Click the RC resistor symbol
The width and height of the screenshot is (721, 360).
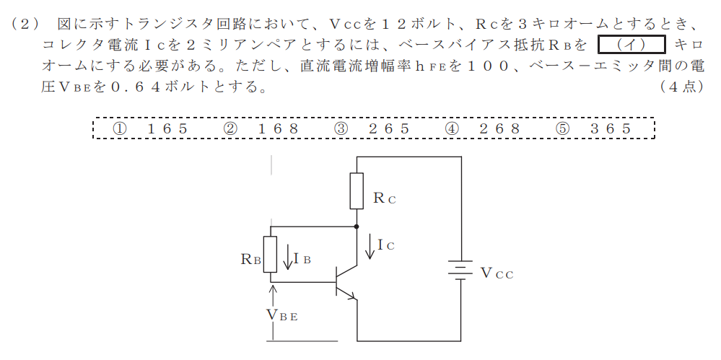click(x=357, y=190)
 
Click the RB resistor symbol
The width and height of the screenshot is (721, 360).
click(x=270, y=254)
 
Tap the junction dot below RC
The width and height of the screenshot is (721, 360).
click(x=357, y=227)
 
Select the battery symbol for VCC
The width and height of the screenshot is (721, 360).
click(x=460, y=270)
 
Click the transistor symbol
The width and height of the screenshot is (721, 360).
click(x=346, y=282)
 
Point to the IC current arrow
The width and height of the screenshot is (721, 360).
click(x=370, y=247)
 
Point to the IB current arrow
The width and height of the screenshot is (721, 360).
click(x=288, y=258)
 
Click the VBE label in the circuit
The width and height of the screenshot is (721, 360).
click(x=282, y=315)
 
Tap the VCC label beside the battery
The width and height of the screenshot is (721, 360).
click(x=497, y=273)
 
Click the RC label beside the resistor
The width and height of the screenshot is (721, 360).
click(x=385, y=198)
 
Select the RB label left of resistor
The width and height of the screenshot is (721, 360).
click(x=251, y=259)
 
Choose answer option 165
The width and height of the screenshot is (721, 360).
click(x=150, y=128)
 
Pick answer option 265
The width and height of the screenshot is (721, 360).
click(x=372, y=128)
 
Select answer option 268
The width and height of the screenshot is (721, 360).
click(x=482, y=128)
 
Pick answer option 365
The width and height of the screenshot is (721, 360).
click(x=594, y=128)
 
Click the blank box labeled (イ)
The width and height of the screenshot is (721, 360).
click(x=632, y=45)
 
